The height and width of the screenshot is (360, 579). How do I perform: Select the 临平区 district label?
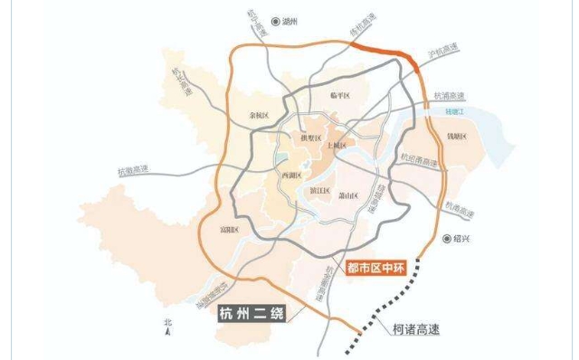pos(340,94)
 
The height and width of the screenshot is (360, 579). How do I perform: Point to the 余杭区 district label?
pos(260,115)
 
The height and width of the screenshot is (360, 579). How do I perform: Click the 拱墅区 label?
pos(299,137)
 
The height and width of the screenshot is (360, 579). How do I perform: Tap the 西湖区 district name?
pos(292,175)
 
